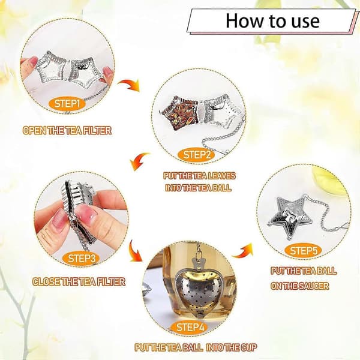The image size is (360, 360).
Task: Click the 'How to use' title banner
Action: point(271,21)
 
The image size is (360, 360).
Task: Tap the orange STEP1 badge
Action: point(67,104)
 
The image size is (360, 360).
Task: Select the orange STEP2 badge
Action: point(197,155)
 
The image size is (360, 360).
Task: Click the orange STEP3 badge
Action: point(81,258)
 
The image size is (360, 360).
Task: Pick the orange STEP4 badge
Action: point(190,327)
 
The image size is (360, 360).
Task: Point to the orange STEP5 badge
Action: point(304,250)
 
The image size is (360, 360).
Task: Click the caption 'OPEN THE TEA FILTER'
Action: point(67,130)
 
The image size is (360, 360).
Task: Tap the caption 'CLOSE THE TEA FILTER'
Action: point(79,282)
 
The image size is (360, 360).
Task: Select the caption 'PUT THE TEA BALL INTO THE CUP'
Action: point(196,347)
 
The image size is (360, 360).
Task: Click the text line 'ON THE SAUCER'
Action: point(299,286)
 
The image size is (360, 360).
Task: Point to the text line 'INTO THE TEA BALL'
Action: point(198,188)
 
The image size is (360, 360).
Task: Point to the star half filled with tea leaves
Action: point(179,113)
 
